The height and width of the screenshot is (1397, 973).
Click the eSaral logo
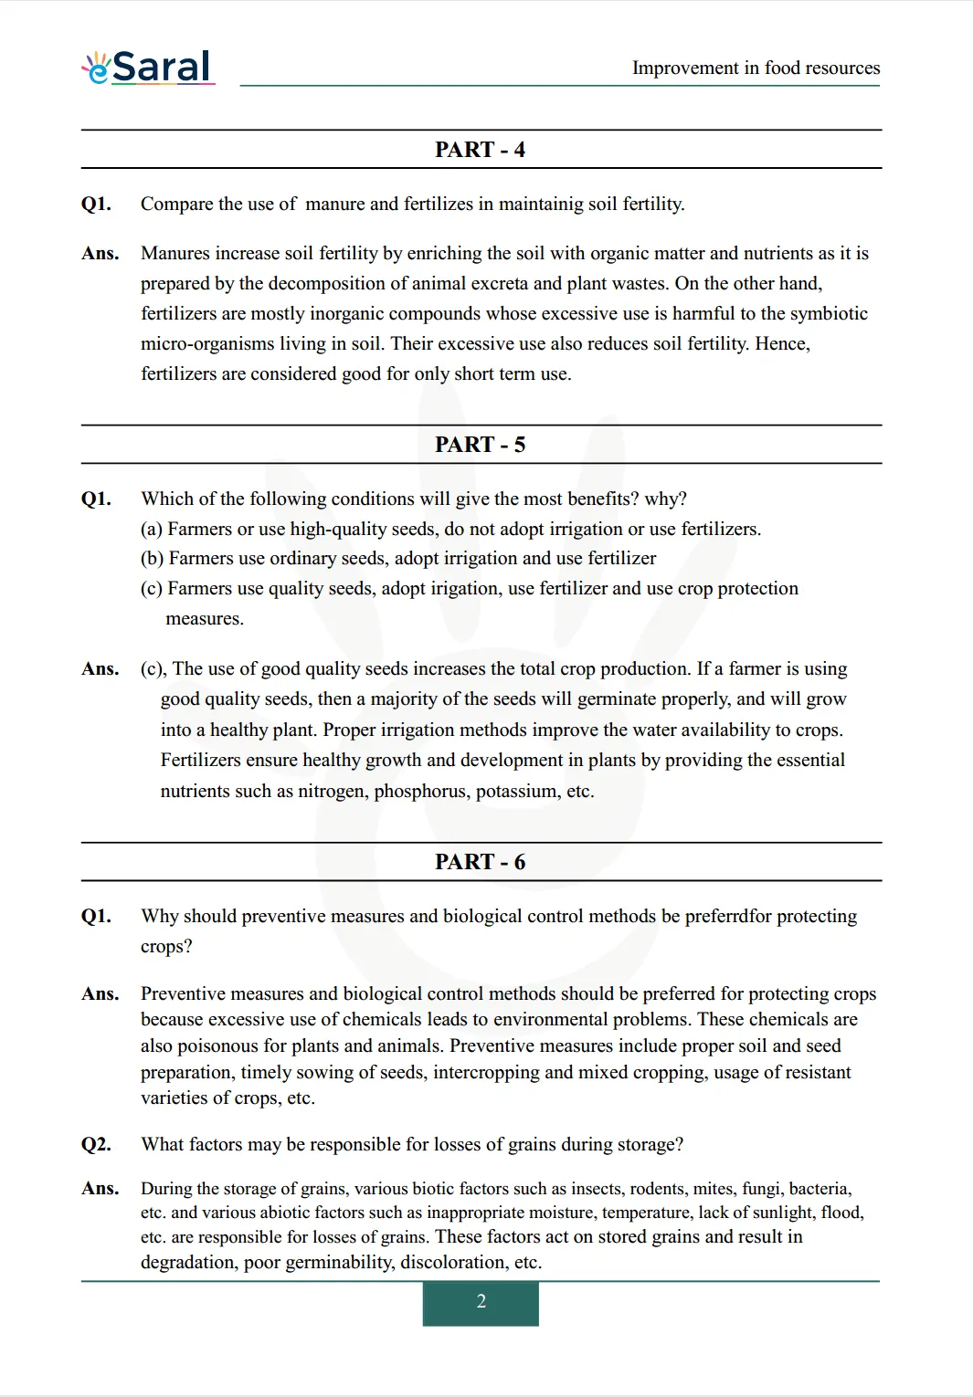(149, 68)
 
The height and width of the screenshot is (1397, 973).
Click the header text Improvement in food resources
(756, 68)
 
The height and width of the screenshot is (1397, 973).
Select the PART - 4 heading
(480, 150)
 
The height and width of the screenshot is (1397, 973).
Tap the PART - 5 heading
(480, 445)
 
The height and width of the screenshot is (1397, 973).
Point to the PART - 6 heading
(480, 862)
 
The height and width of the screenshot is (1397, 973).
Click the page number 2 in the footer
(481, 1302)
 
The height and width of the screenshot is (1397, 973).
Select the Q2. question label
(96, 1145)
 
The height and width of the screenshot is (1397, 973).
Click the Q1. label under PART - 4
(96, 205)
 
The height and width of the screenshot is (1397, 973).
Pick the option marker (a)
(152, 530)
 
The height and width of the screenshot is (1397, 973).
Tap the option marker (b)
(152, 559)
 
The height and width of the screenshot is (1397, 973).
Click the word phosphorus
(422, 792)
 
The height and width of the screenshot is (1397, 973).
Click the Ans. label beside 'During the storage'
(100, 1189)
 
